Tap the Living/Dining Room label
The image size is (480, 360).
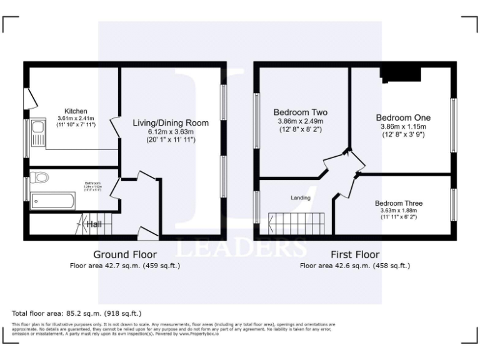[x=171, y=123]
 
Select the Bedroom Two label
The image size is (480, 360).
[x=301, y=112]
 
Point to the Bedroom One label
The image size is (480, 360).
[x=403, y=117]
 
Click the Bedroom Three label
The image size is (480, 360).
[x=399, y=203]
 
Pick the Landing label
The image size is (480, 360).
[x=301, y=198]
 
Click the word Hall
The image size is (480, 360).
[x=94, y=224]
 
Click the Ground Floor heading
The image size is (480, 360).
[x=125, y=254]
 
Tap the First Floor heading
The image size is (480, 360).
[x=355, y=254]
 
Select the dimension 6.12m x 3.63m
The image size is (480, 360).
[x=171, y=132]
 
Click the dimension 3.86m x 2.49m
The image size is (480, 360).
[x=301, y=121]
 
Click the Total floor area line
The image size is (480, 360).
[x=77, y=312]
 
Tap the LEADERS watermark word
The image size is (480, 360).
[x=240, y=248]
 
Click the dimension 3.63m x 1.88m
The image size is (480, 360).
[x=399, y=211]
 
